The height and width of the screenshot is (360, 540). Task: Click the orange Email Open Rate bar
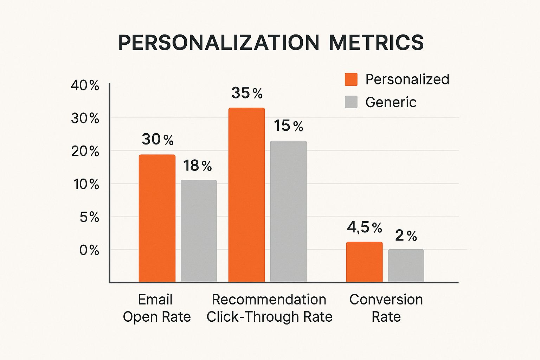click(157, 218)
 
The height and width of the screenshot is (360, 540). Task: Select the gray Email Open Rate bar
click(199, 231)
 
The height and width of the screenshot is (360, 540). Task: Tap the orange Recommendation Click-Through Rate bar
click(246, 195)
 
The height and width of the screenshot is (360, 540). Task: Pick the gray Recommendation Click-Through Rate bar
click(288, 211)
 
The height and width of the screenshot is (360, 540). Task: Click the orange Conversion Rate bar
click(364, 262)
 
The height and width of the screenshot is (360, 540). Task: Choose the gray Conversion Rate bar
click(406, 265)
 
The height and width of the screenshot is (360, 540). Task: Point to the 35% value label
click(247, 93)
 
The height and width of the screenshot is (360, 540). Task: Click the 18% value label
click(197, 166)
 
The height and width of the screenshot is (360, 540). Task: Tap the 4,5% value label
click(364, 227)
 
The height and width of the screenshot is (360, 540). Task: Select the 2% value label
click(406, 236)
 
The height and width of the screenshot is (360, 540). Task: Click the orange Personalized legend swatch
click(351, 79)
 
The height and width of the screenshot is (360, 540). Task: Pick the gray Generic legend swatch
click(351, 102)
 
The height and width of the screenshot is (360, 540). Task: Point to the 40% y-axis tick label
click(85, 85)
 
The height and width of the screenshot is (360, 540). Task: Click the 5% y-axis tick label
click(89, 217)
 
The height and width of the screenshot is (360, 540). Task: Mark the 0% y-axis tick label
click(89, 250)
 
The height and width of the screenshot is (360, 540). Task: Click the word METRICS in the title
click(376, 43)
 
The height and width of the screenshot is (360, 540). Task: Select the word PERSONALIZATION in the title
click(218, 43)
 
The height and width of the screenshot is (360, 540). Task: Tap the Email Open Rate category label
click(156, 308)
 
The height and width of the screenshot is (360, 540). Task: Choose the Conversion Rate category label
click(386, 308)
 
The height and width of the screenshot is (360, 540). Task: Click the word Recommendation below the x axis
click(269, 300)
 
